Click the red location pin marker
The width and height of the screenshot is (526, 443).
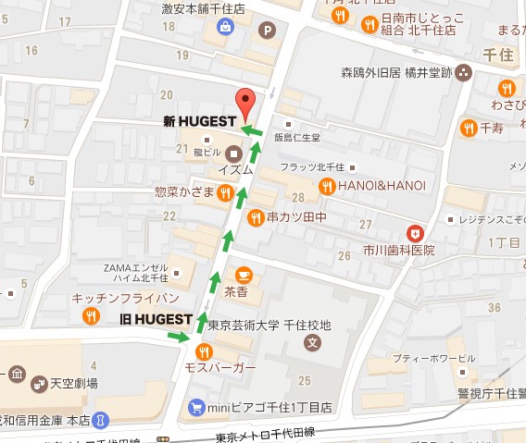pyautogui.click(x=244, y=103)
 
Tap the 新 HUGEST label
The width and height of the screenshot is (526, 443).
pyautogui.click(x=201, y=121)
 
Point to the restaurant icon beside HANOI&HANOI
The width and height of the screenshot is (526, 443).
pyautogui.click(x=326, y=186)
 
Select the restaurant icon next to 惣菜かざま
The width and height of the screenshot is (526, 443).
pyautogui.click(x=224, y=192)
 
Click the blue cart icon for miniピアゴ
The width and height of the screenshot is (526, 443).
pyautogui.click(x=195, y=406)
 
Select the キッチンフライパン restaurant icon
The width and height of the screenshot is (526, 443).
pyautogui.click(x=91, y=316)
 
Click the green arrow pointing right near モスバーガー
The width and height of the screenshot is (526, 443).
pyautogui.click(x=176, y=337)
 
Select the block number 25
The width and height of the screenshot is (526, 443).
pyautogui.click(x=304, y=380)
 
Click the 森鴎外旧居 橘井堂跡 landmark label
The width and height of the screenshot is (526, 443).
pyautogui.click(x=408, y=72)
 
